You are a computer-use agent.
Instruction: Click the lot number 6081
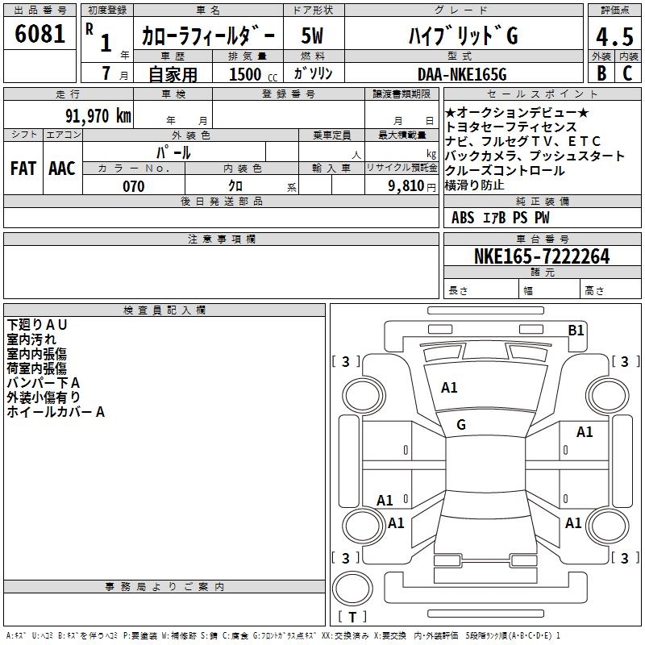(40, 34)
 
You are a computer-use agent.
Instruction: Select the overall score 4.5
(614, 37)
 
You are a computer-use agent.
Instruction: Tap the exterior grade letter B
(601, 73)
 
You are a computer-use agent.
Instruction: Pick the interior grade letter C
(627, 73)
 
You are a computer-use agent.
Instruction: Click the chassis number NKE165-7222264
(541, 256)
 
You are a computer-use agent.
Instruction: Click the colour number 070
(133, 186)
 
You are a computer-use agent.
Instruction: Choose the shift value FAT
(23, 168)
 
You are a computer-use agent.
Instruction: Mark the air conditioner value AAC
(61, 168)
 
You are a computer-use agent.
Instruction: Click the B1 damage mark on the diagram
(576, 330)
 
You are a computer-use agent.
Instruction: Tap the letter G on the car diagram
(461, 424)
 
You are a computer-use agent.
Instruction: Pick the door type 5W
(313, 36)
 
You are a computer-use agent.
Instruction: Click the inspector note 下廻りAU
(37, 324)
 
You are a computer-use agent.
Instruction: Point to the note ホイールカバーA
(56, 411)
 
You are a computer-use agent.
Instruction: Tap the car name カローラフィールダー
(208, 37)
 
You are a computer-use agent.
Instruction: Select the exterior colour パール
(173, 152)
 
